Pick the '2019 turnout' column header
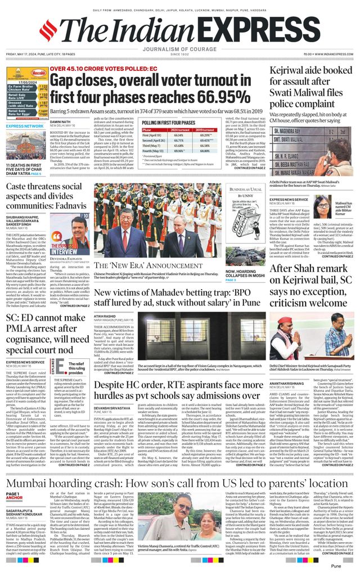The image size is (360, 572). pos(208,129)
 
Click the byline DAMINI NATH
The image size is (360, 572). pos(60,121)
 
